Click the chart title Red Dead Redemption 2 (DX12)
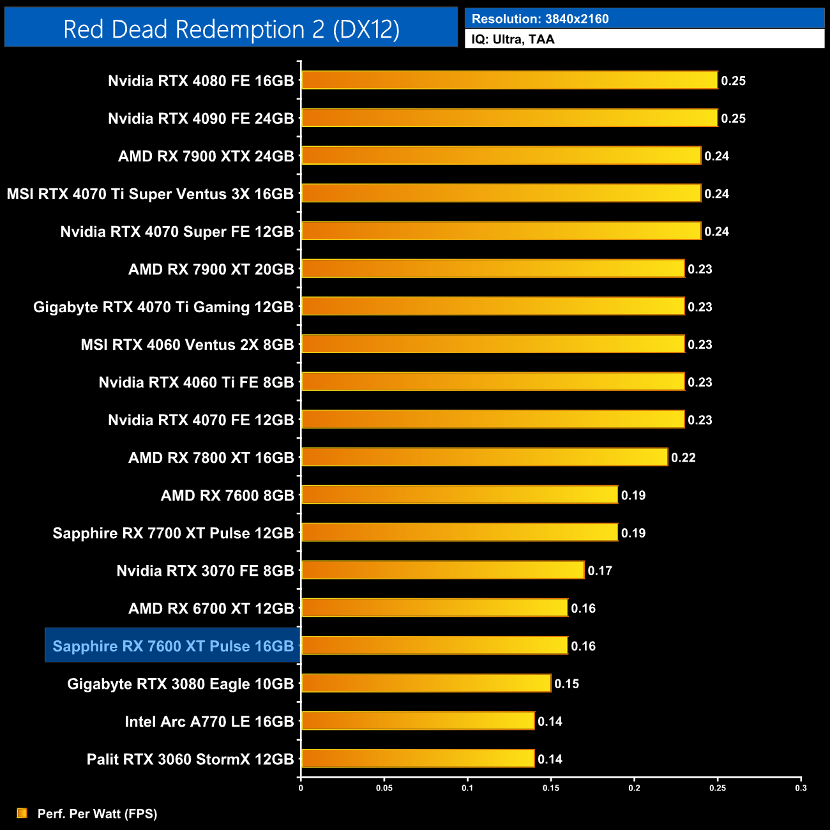point(231,29)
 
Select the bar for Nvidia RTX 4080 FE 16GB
point(509,80)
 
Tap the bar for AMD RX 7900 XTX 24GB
point(501,156)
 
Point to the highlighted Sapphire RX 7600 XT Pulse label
point(173,646)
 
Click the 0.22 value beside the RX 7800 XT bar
point(683,458)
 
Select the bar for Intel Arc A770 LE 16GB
point(418,721)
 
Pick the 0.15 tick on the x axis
point(551,788)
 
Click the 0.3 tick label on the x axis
point(801,788)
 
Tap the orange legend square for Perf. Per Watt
point(22,813)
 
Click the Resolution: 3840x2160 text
point(540,19)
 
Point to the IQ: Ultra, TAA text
point(513,40)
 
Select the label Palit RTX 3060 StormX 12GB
point(190,759)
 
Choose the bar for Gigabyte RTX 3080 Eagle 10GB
point(426,683)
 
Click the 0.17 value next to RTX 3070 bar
point(600,571)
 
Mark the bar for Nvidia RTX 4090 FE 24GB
point(509,118)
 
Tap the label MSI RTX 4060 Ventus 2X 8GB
point(187,345)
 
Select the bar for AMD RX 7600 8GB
point(460,495)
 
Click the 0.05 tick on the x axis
point(384,788)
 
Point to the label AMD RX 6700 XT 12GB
point(211,608)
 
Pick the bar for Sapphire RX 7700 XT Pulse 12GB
point(460,532)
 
